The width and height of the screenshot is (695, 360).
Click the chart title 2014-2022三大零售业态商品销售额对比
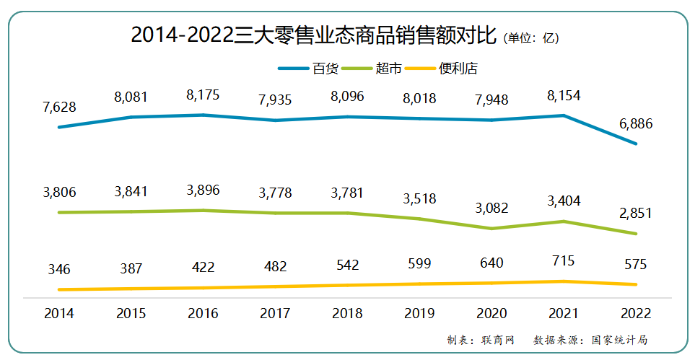[x=313, y=35]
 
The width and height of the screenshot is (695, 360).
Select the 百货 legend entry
[x=325, y=69]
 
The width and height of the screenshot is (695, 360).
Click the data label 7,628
[x=59, y=107]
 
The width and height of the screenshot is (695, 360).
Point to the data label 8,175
[x=203, y=95]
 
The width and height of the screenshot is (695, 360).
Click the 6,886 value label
[x=636, y=124]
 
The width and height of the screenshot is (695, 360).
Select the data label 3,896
[x=203, y=190]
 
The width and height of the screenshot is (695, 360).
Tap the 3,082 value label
[x=491, y=208]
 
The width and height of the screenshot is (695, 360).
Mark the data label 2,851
[x=636, y=214]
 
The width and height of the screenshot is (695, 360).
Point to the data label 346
[x=59, y=269]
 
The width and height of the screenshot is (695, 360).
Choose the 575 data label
[x=636, y=264]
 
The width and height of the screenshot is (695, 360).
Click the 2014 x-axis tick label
[x=59, y=313]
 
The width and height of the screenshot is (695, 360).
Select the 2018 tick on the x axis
[x=347, y=313]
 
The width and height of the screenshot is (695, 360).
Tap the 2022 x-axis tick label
[x=636, y=313]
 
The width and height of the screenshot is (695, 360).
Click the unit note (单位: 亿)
[x=531, y=38]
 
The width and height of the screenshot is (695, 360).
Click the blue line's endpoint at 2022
[x=636, y=144]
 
